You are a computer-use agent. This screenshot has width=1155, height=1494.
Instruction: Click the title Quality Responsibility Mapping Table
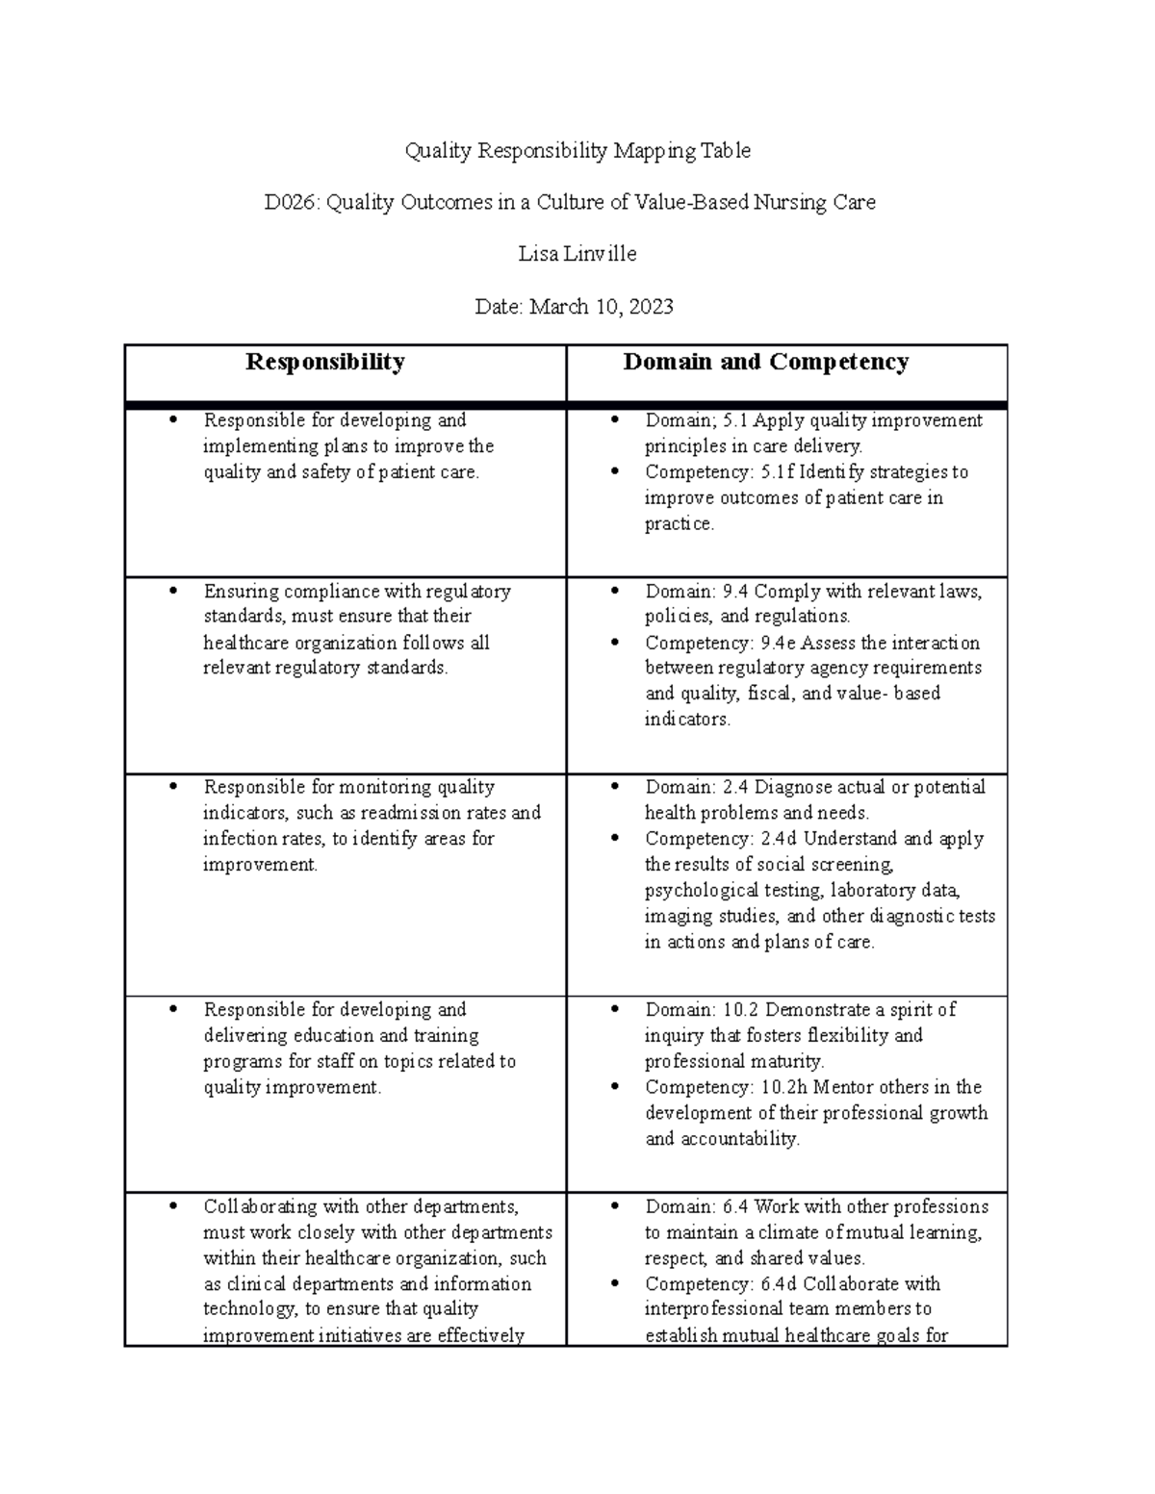pyautogui.click(x=577, y=150)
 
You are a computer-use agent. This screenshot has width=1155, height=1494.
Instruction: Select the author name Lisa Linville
pyautogui.click(x=577, y=254)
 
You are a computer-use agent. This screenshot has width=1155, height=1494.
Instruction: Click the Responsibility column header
pyautogui.click(x=324, y=362)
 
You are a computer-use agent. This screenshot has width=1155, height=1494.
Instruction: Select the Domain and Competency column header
pyautogui.click(x=765, y=362)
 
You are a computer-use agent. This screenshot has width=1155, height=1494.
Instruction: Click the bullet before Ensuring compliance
pyautogui.click(x=173, y=591)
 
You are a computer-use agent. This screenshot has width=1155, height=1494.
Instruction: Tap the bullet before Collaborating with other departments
pyautogui.click(x=173, y=1206)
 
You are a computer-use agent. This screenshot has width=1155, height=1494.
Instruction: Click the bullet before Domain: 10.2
pyautogui.click(x=616, y=1010)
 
